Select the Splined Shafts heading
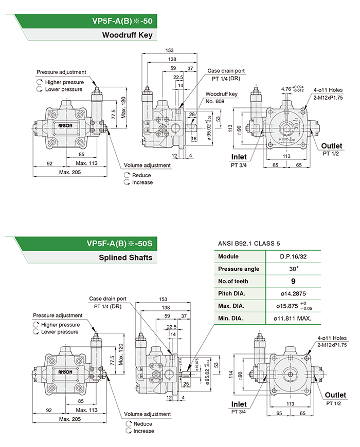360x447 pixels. coord(126,257)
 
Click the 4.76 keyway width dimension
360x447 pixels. coord(286,88)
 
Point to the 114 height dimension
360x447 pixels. coord(230,375)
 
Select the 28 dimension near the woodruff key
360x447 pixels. coord(192,114)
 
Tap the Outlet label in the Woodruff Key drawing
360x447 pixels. coord(332,146)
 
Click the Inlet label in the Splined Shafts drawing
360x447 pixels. coord(239,403)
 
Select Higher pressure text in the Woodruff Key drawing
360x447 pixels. coord(64,82)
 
